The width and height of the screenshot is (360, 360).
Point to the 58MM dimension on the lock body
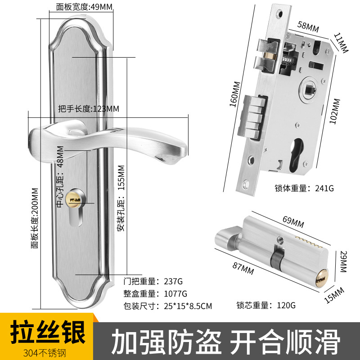coord(309,27)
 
